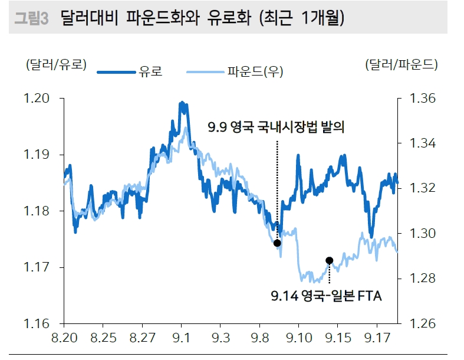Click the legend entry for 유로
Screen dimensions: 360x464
(130, 72)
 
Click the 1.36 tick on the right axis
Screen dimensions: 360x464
(419, 99)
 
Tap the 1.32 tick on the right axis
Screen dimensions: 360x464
(419, 188)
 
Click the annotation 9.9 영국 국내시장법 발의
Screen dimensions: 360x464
(275, 127)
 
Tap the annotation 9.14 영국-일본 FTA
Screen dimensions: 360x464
(326, 296)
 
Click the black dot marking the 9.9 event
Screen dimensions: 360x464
(277, 243)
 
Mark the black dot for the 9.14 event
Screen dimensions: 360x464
(329, 260)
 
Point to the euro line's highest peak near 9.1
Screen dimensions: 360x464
(182, 103)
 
